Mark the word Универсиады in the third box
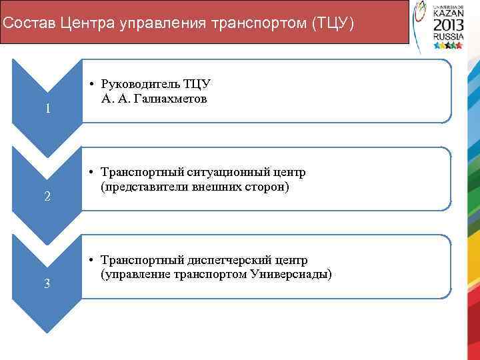click(296, 274)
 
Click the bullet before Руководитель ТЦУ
click(90, 85)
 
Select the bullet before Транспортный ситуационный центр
click(90, 173)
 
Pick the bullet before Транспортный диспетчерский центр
click(90, 260)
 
